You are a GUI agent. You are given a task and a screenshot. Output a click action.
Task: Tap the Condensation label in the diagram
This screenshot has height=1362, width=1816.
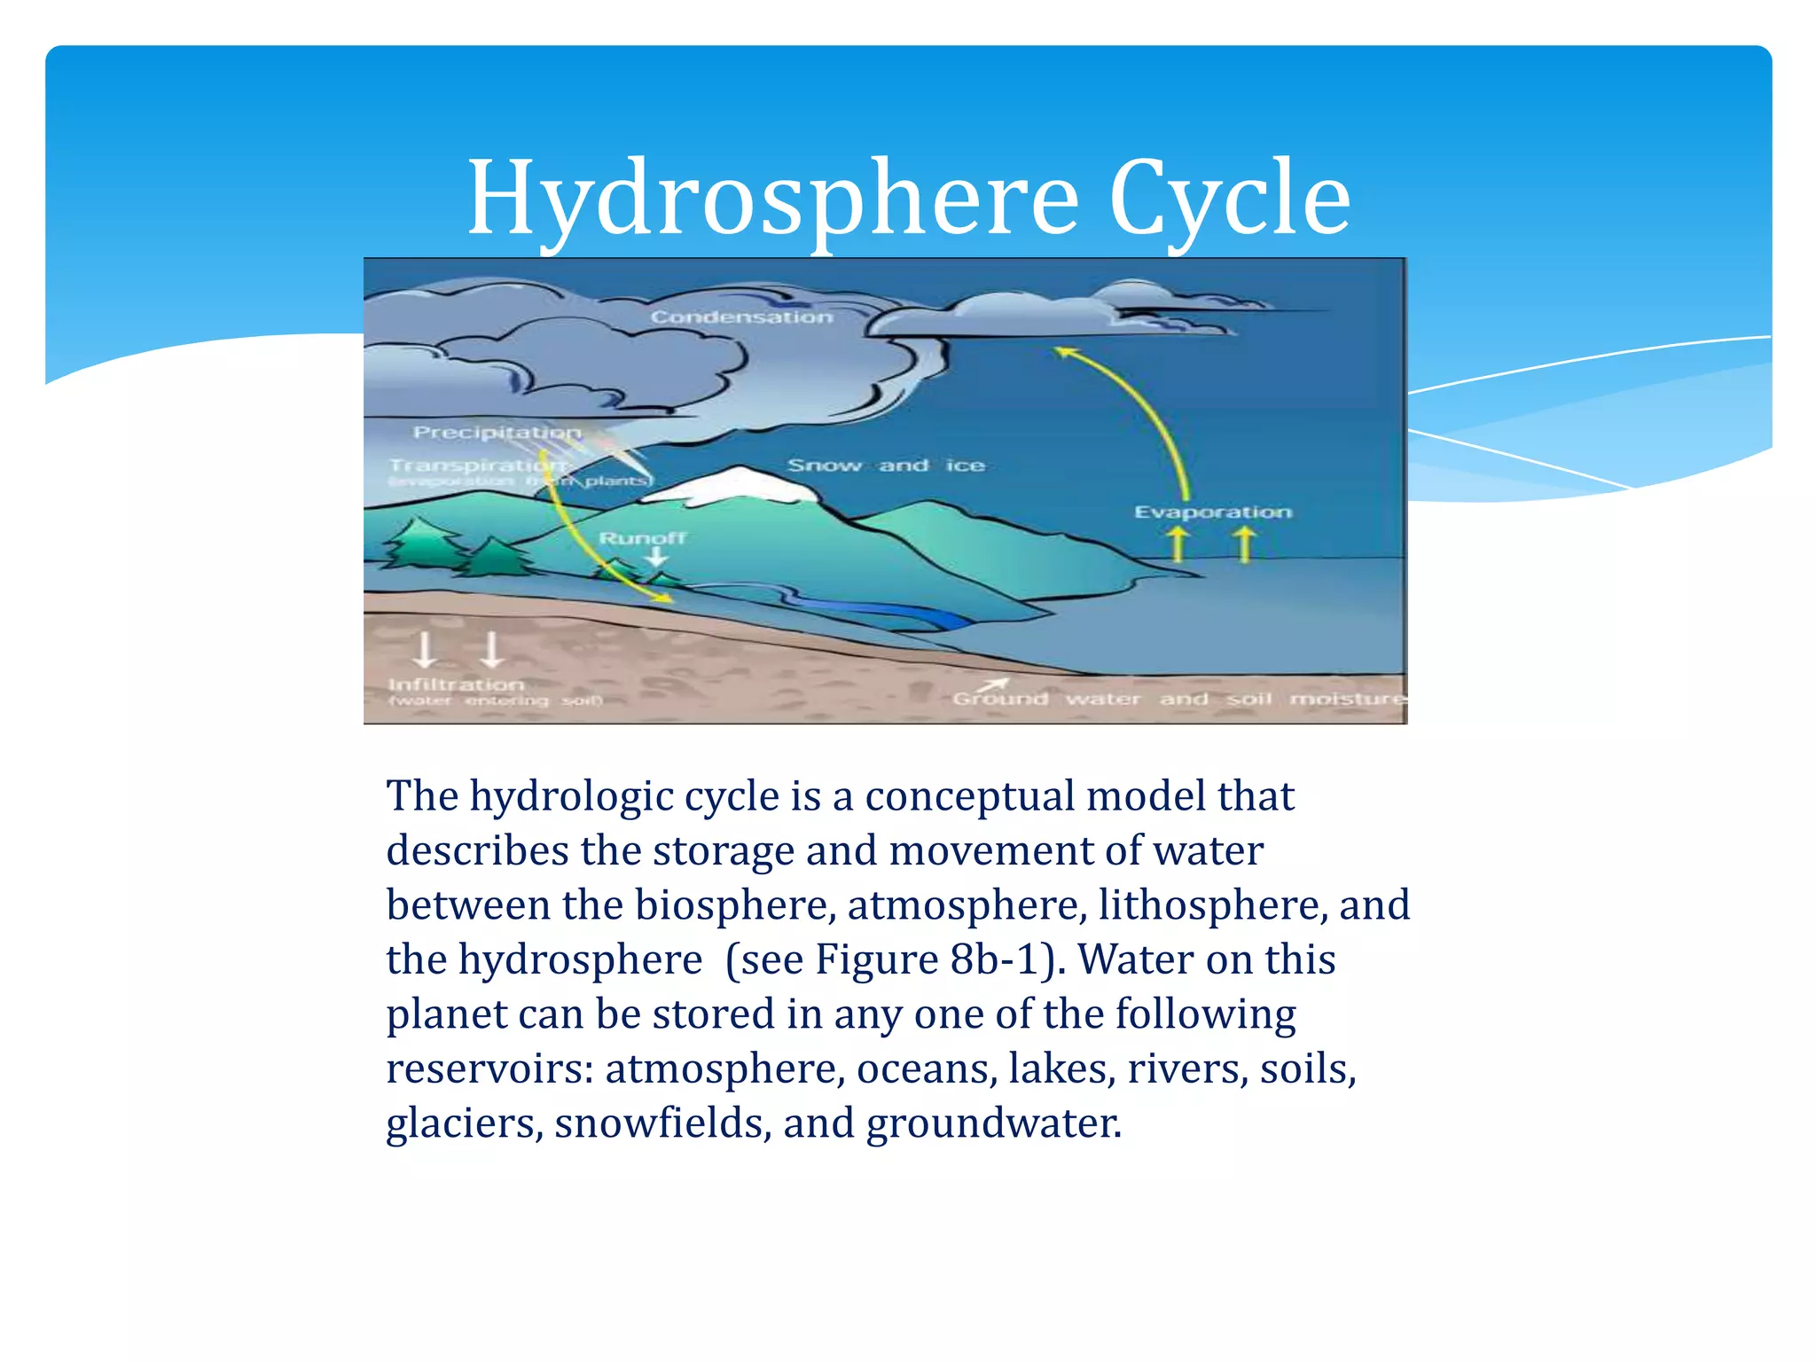(x=741, y=317)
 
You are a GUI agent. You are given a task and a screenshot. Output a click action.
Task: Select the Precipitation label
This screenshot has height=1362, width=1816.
(x=497, y=432)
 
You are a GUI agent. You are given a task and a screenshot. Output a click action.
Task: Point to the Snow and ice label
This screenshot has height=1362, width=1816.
(x=885, y=465)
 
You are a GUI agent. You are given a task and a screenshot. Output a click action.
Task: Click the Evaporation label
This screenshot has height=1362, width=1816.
(x=1212, y=512)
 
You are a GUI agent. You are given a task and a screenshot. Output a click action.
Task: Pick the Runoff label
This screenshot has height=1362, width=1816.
(x=642, y=537)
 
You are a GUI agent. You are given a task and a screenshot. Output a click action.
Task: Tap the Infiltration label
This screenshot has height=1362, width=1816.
(x=456, y=685)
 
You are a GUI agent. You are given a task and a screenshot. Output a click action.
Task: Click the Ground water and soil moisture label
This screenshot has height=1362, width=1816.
(x=1178, y=699)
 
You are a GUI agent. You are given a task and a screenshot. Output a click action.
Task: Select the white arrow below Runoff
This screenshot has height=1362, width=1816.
(x=656, y=558)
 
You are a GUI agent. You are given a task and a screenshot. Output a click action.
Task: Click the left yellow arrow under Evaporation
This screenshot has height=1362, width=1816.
(x=1178, y=543)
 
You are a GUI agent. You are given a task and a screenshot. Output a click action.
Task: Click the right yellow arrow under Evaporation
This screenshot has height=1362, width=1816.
(x=1245, y=543)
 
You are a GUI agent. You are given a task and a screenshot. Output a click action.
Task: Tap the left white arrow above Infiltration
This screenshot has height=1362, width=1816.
(x=425, y=649)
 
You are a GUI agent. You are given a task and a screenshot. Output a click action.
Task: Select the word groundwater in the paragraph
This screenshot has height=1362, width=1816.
(x=993, y=1123)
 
